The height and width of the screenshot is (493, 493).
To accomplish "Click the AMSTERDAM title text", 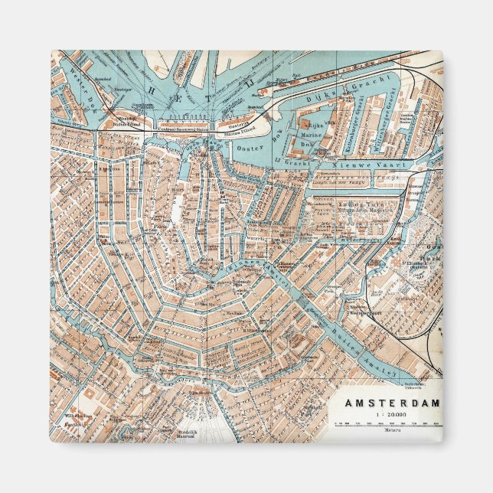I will (x=391, y=403).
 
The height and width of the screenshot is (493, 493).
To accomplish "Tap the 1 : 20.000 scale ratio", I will (x=390, y=414).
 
